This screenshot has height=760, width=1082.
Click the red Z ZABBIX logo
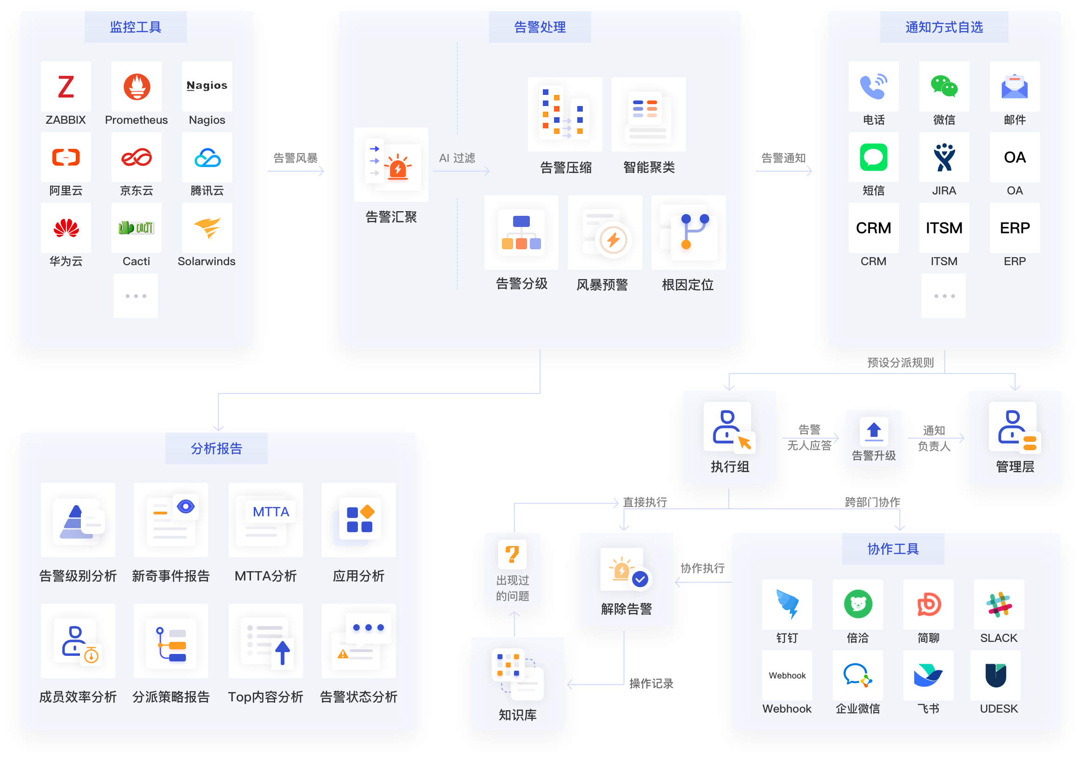pyautogui.click(x=66, y=87)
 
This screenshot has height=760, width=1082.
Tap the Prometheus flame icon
pyautogui.click(x=137, y=87)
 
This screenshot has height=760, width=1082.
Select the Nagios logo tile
pyautogui.click(x=207, y=86)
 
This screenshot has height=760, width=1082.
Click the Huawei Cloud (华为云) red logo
pyautogui.click(x=66, y=228)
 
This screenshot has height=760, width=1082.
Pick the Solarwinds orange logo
pyautogui.click(x=207, y=228)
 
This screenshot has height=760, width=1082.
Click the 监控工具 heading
pyautogui.click(x=136, y=27)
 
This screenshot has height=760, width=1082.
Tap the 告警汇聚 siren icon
pyautogui.click(x=397, y=167)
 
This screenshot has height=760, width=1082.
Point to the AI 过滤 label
pyautogui.click(x=457, y=158)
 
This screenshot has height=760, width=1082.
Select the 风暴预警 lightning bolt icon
pyautogui.click(x=613, y=240)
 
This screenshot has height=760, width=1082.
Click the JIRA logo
pyautogui.click(x=944, y=158)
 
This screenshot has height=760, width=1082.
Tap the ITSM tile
pyautogui.click(x=944, y=228)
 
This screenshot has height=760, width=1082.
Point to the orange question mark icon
pyautogui.click(x=512, y=554)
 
